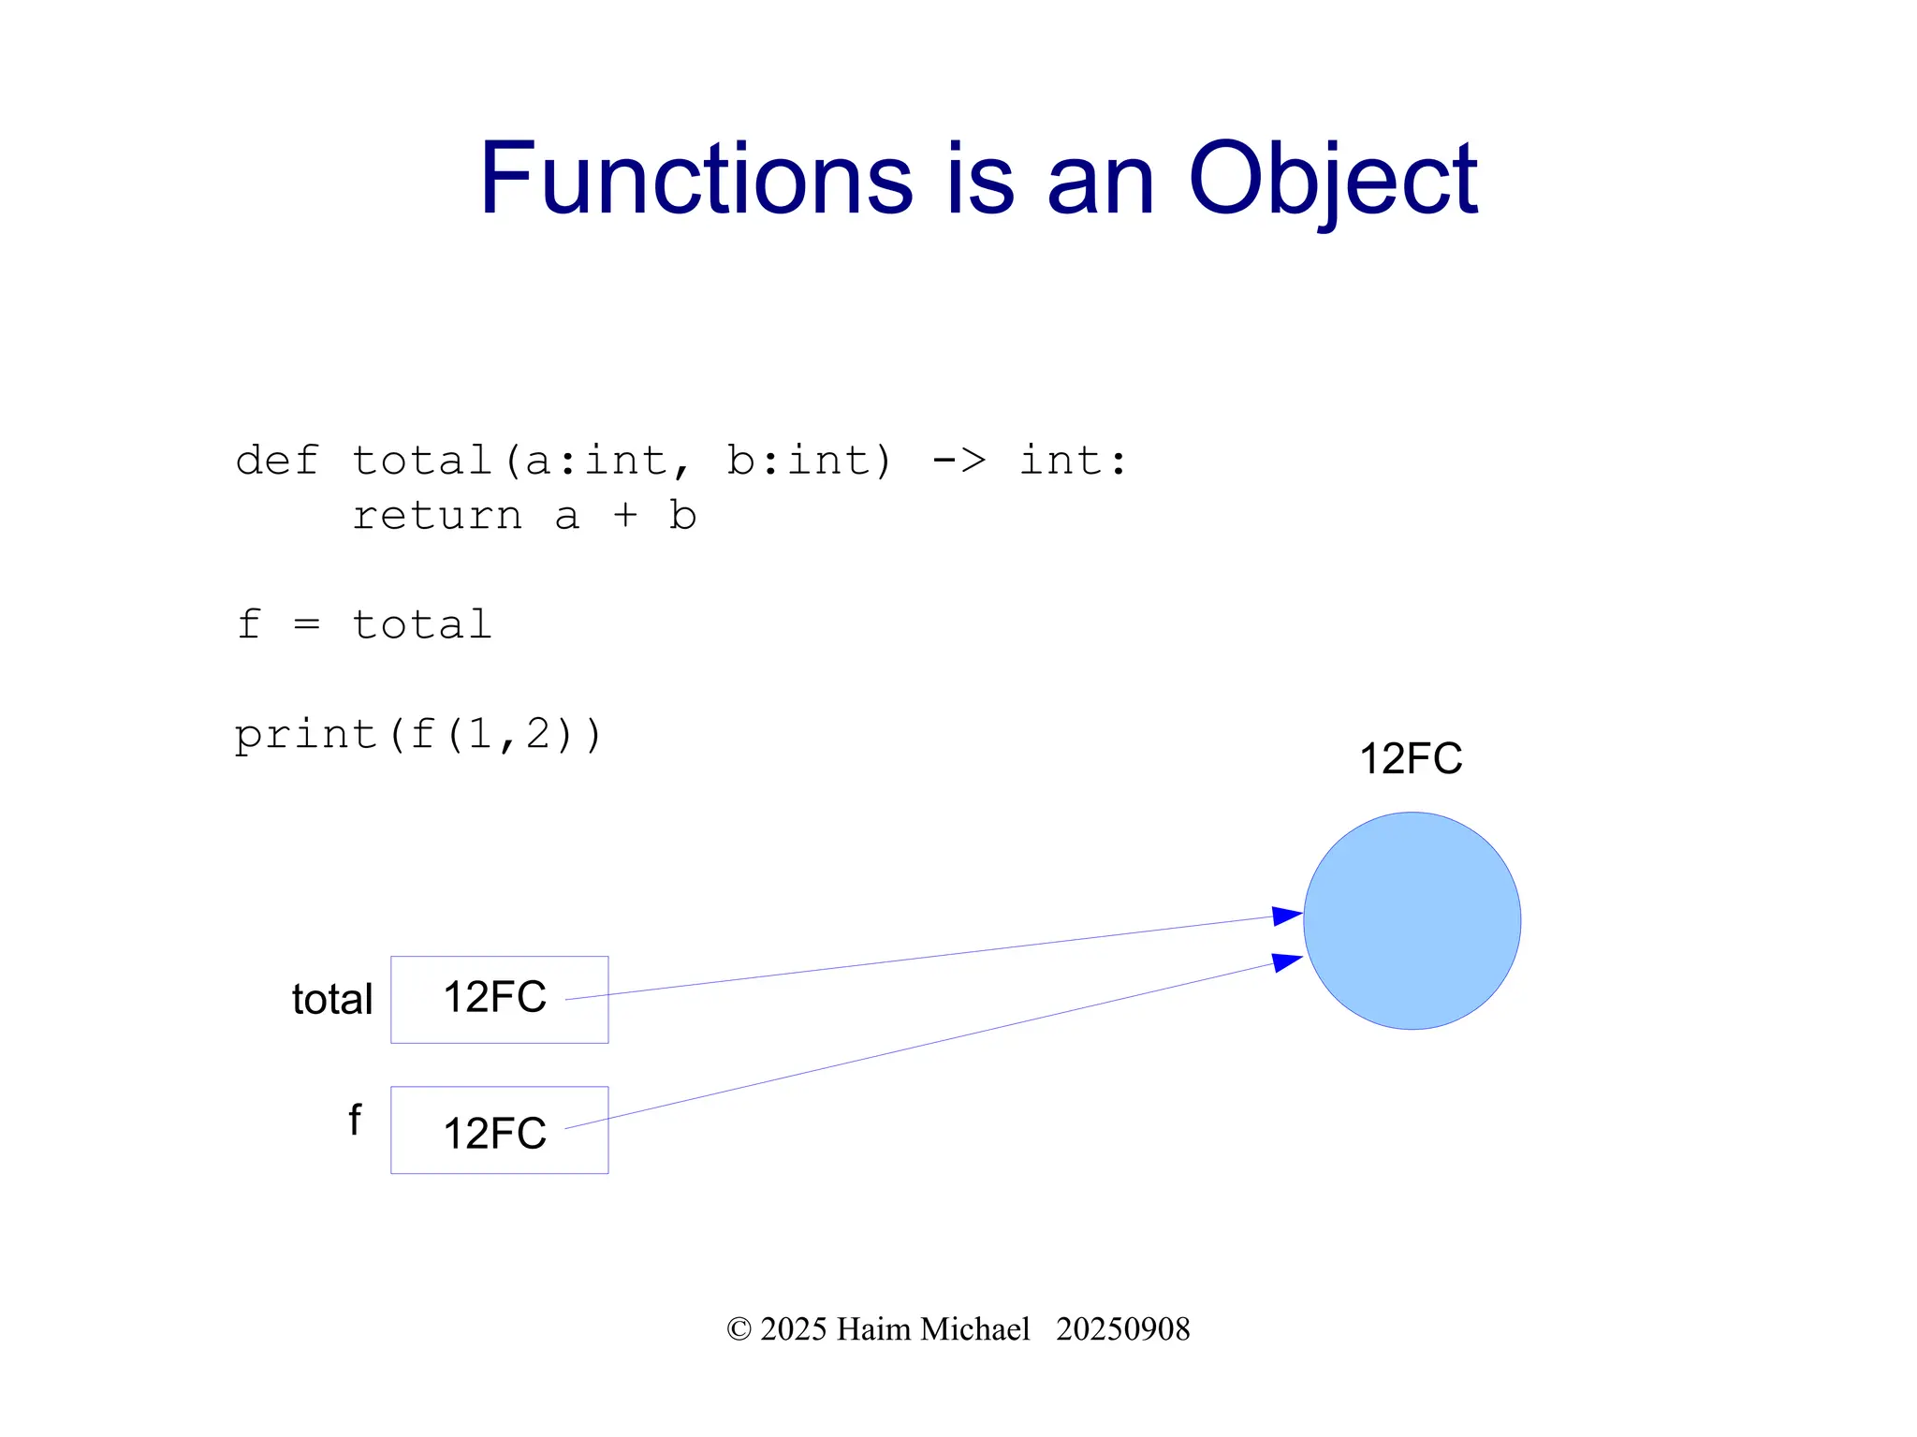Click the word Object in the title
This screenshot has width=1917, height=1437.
[x=1332, y=180]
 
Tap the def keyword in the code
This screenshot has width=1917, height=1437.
[x=276, y=461]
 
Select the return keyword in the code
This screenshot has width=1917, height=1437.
[x=436, y=516]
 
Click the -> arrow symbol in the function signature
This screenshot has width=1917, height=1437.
[x=958, y=461]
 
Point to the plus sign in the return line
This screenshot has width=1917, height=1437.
[x=625, y=516]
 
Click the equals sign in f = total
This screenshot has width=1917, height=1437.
[x=307, y=624]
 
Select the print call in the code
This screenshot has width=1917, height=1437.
[x=305, y=735]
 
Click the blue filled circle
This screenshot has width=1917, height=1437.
[x=1412, y=920]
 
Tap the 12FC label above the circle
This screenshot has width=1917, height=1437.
[x=1410, y=758]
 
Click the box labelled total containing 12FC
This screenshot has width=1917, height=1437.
[x=499, y=999]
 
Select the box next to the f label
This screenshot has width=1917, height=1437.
[x=499, y=1130]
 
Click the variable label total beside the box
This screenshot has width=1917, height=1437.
[x=331, y=999]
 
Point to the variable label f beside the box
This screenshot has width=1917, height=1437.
[x=355, y=1120]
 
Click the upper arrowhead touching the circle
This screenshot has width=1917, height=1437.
[x=1287, y=916]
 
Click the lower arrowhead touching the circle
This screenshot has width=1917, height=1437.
[x=1287, y=961]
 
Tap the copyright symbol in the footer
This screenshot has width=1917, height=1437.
[x=739, y=1329]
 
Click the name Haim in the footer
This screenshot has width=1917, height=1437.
[x=874, y=1329]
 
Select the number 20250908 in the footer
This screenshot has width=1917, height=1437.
[x=1122, y=1329]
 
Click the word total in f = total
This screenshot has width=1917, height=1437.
[x=421, y=624]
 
